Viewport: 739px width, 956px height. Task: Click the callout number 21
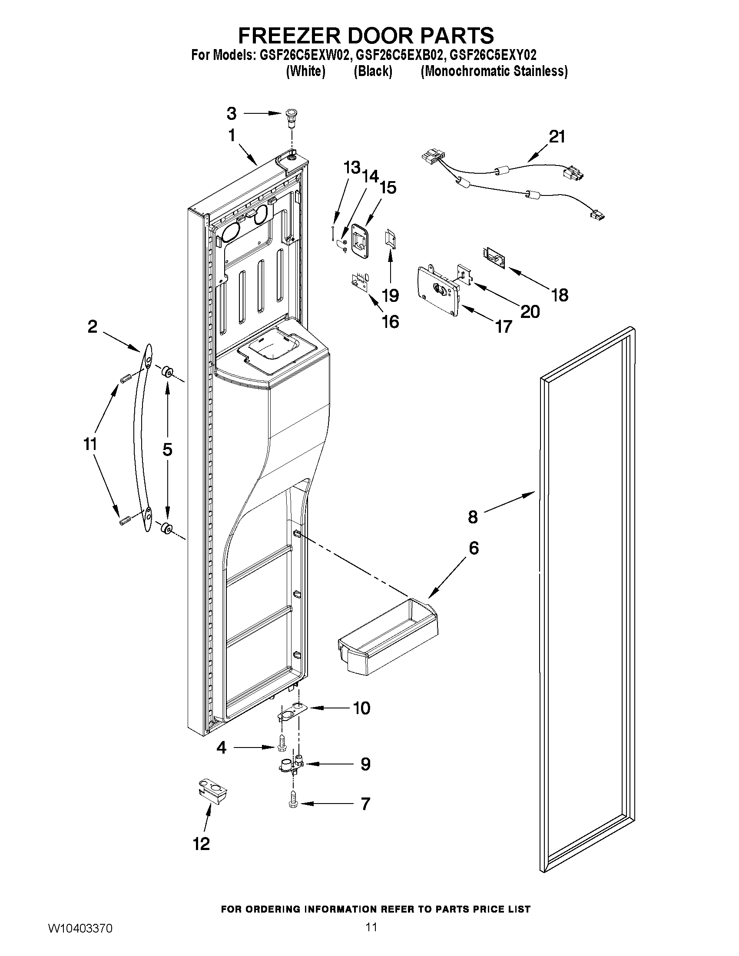click(x=557, y=136)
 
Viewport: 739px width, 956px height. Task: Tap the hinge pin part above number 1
click(x=290, y=117)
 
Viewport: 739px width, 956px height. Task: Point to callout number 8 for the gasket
click(x=472, y=517)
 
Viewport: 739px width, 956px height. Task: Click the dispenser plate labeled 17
click(x=438, y=291)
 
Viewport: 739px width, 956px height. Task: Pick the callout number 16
click(x=390, y=322)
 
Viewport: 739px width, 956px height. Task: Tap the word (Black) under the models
click(x=373, y=71)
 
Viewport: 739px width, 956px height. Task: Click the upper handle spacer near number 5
click(x=167, y=373)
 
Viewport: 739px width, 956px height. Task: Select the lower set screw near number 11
click(x=125, y=521)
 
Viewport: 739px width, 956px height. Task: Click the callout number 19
click(x=390, y=295)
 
